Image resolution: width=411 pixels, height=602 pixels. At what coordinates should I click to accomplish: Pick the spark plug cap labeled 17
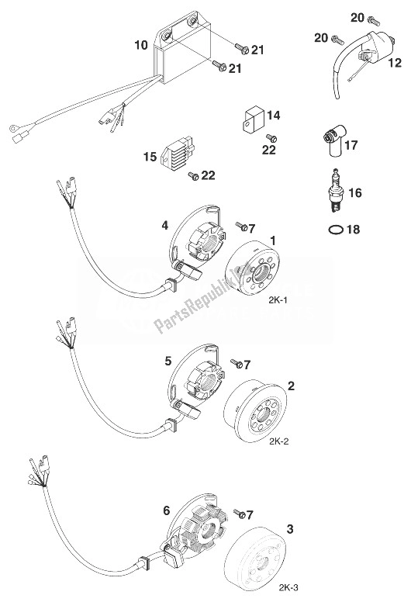click(x=334, y=146)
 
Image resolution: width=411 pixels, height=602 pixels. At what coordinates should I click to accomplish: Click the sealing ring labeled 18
click(x=333, y=231)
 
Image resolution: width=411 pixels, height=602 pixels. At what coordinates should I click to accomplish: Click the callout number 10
click(x=141, y=46)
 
